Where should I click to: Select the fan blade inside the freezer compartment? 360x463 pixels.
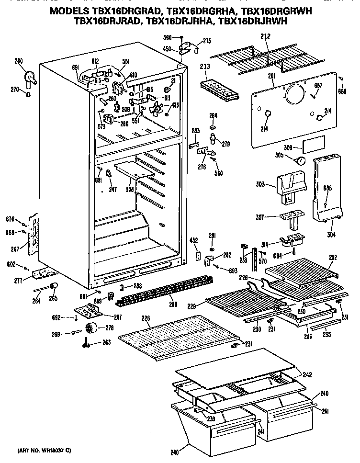156,112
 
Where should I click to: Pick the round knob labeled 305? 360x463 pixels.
301,161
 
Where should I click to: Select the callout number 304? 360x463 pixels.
331,234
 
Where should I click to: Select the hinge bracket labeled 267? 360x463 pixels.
34,234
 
